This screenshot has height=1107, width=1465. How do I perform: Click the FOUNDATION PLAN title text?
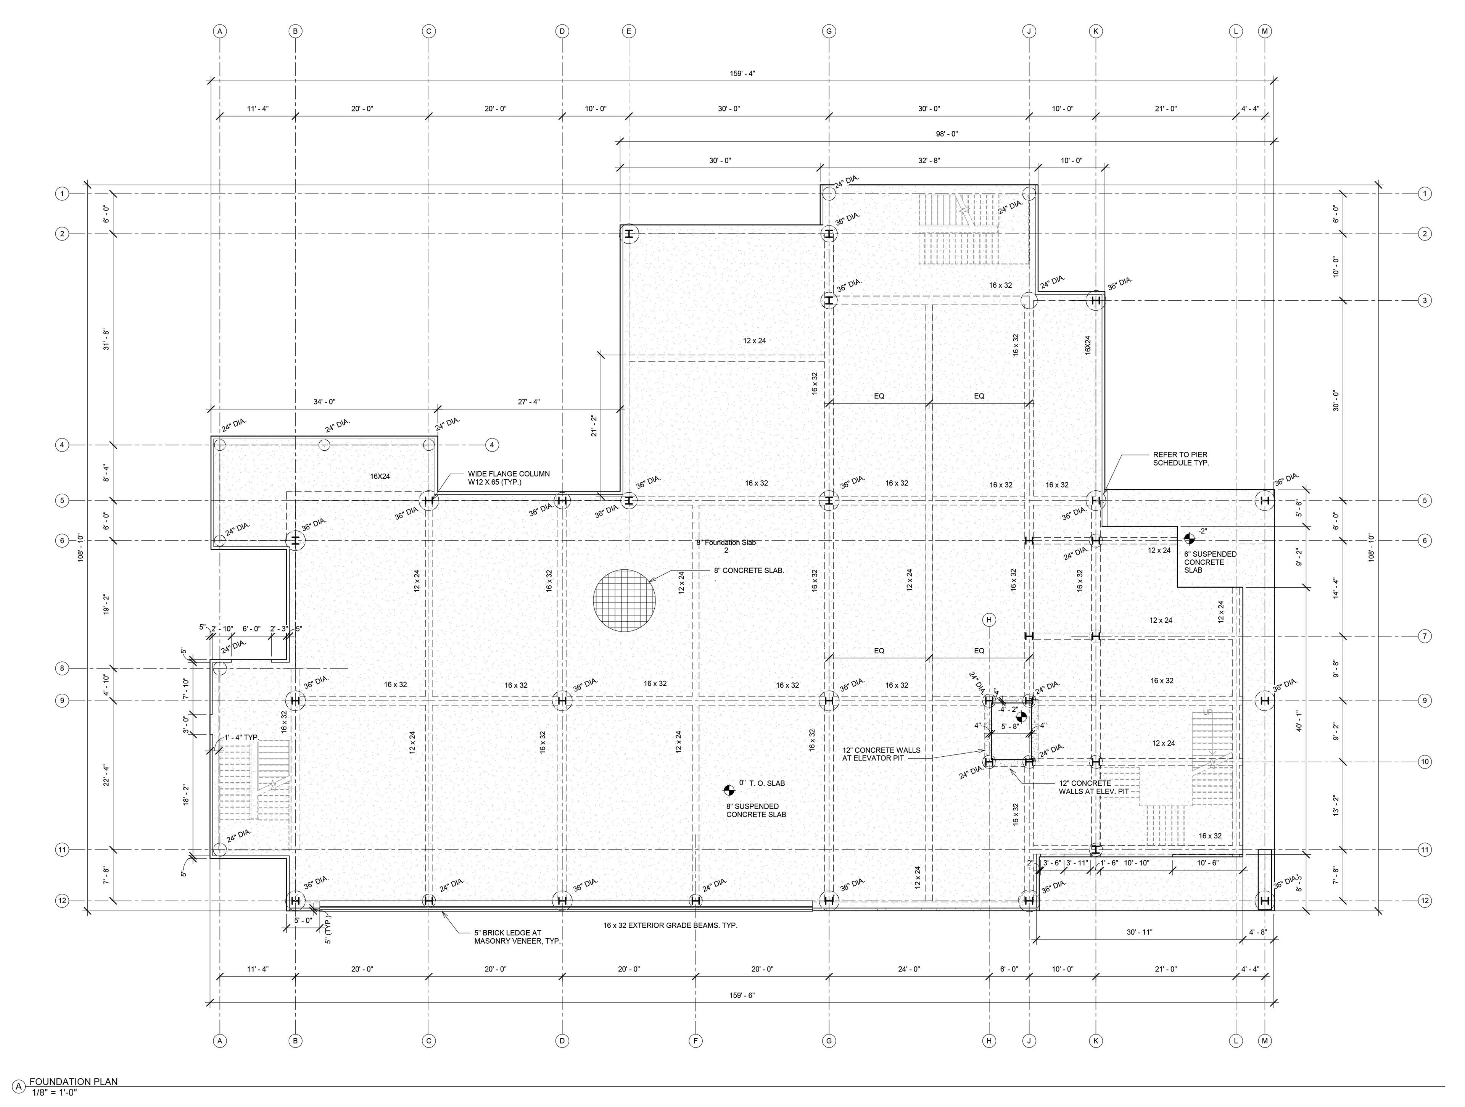coord(74,1082)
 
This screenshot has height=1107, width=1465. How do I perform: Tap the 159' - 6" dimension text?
coord(742,996)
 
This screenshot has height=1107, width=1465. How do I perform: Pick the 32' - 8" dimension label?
coord(929,160)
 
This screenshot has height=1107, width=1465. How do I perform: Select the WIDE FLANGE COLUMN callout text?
coord(509,478)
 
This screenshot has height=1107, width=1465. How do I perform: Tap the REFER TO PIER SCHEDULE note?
coord(1181,459)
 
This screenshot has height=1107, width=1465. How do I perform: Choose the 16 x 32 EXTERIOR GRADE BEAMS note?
coord(670,925)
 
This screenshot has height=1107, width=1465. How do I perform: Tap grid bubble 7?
coord(1425,636)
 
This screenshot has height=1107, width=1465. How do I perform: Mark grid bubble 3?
coord(1425,300)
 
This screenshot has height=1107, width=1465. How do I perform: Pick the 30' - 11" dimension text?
coord(1139,932)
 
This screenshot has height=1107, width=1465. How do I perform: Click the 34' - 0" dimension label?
coord(325,401)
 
